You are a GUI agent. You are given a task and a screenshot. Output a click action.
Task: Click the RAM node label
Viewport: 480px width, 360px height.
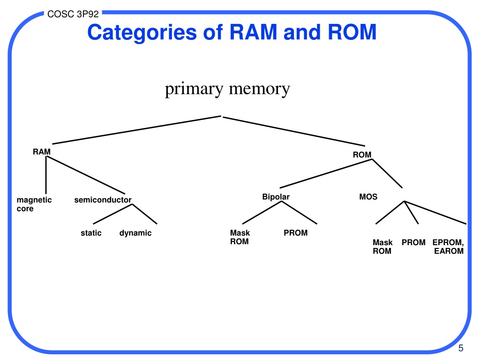[42, 152]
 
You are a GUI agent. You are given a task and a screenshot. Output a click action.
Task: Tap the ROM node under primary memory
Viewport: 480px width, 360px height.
[362, 155]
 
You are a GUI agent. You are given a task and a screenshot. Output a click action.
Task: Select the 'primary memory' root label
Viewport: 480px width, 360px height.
[227, 90]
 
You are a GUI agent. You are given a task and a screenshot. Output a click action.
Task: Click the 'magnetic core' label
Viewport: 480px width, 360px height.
[34, 204]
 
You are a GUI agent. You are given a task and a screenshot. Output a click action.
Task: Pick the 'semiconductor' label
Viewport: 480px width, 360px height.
[103, 200]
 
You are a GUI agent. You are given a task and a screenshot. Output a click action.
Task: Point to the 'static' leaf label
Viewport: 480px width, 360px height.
[91, 233]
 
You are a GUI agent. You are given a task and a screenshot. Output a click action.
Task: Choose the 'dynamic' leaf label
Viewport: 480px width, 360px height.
[135, 233]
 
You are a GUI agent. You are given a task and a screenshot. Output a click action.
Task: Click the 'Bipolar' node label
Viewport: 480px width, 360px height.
[276, 197]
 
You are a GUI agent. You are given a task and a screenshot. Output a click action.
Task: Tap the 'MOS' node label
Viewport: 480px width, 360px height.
[368, 197]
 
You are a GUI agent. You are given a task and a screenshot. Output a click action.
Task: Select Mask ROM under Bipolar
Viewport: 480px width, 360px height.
[240, 237]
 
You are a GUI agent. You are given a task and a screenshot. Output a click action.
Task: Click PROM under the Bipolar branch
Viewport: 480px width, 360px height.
[296, 233]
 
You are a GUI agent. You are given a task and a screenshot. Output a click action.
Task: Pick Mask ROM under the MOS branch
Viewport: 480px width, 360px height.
[382, 247]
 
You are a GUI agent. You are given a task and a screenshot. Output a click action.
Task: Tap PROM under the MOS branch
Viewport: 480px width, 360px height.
[413, 242]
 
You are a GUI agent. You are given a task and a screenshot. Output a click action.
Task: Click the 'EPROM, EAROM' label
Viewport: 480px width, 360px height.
[448, 247]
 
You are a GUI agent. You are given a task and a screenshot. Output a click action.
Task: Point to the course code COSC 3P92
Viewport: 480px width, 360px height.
[73, 14]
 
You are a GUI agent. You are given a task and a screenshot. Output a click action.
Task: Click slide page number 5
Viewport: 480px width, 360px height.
[461, 348]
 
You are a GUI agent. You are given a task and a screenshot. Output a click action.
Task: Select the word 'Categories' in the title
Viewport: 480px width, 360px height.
[142, 32]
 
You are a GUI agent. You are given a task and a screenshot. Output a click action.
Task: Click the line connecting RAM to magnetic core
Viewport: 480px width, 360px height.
[46, 175]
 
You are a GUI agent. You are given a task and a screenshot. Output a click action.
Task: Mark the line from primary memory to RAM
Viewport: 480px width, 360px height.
[136, 130]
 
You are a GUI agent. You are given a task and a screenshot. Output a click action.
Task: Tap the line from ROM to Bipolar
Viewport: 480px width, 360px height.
[326, 173]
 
